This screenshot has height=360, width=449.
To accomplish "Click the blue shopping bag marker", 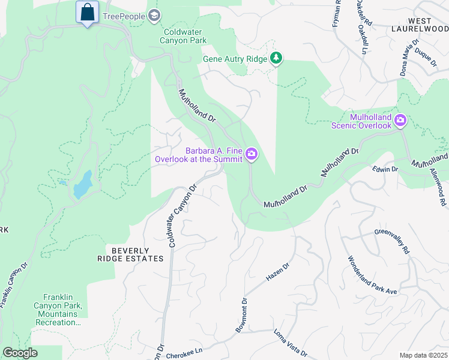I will coord(88,12).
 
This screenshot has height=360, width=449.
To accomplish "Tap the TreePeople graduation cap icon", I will coord(154,16).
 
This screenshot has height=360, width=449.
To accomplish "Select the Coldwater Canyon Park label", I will coord(183,36).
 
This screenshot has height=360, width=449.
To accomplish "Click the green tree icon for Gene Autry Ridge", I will coord(276,58).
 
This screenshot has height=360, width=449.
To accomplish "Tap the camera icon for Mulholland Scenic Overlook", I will coord(400,121).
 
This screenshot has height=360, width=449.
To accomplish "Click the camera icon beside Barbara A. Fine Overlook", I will coord(252,155).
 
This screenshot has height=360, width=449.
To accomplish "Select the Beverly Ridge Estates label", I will coord(130,254).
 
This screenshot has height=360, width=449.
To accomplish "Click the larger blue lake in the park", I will coord(82,185).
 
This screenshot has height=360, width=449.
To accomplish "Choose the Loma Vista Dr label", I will coord(291,343).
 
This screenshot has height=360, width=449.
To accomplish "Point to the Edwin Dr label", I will coord(385,170).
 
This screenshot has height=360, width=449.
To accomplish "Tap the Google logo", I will coord(20,353).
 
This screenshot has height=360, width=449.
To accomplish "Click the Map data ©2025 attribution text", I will coord(423,355).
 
